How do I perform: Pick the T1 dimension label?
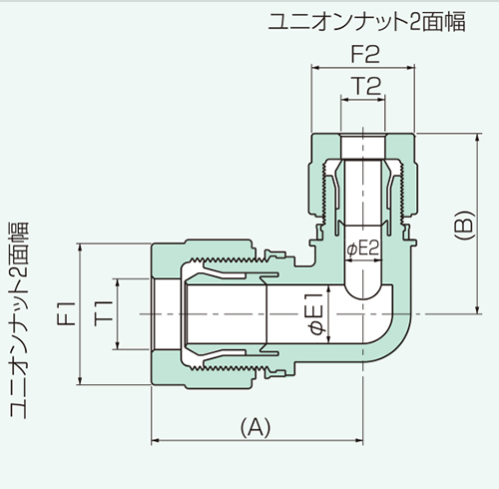pos(102,312)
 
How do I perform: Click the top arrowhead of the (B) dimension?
pos(476,136)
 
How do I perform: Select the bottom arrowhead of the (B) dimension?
pos(476,315)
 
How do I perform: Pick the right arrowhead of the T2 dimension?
pos(384,103)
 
